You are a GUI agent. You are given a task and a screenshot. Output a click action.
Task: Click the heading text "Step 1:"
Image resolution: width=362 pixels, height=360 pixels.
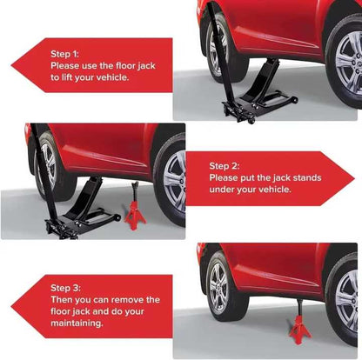coord(64,54)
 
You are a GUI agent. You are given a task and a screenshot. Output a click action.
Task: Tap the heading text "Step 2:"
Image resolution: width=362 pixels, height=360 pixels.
coord(225,166)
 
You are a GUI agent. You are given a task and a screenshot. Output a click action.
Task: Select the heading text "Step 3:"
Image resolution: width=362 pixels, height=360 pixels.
coord(65,288)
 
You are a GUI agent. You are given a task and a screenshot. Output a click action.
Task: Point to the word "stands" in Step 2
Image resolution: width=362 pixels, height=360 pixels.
coord(307,177)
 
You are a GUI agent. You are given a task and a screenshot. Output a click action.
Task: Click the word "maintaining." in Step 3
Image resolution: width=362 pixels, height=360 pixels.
coord(77,323)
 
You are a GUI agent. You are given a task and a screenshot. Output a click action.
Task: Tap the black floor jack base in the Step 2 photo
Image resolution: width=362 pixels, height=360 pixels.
coord(82,223)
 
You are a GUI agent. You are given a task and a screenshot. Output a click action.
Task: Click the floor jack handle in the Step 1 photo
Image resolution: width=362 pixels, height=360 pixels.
coord(221,52)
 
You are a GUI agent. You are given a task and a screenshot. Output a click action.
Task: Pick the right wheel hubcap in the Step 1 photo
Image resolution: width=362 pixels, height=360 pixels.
coord(349,63)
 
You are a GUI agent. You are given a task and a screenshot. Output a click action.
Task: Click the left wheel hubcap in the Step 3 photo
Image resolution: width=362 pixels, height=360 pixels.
coord(218,289)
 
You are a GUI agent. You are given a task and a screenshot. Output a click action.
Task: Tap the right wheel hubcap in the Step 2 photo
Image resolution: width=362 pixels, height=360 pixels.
coord(175,181)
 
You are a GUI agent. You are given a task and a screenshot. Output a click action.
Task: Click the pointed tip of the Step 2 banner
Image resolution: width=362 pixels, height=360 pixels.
coord(354,178)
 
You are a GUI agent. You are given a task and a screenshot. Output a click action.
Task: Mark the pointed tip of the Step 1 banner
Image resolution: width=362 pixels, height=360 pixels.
coord(11,65)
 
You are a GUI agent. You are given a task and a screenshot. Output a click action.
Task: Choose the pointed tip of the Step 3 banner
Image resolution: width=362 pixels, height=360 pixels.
coord(11,306)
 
